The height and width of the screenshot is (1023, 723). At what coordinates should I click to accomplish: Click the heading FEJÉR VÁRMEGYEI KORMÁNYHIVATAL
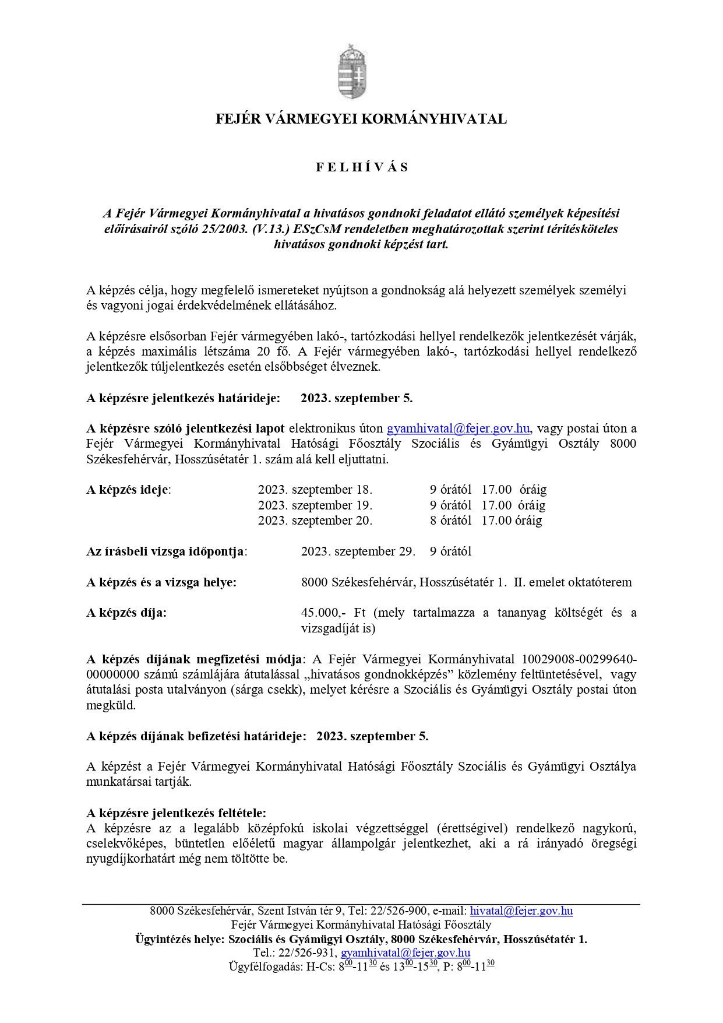(x=361, y=119)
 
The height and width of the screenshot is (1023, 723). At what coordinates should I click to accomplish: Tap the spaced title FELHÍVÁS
(x=362, y=168)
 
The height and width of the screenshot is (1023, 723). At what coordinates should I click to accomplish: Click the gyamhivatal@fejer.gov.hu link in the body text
(x=458, y=429)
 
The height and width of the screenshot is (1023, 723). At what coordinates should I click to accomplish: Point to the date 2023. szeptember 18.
(x=315, y=490)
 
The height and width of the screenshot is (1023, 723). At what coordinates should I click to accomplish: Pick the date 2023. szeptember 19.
(x=315, y=505)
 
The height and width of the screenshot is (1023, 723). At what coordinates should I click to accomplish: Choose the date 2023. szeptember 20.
(x=315, y=521)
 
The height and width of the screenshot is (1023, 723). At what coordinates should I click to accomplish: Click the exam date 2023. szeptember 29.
(x=358, y=551)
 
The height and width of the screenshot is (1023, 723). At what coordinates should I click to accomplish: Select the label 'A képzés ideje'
(x=128, y=490)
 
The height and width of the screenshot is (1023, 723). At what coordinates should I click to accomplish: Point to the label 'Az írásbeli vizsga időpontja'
(x=165, y=551)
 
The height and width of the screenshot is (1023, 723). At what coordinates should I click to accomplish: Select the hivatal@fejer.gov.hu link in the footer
(x=521, y=911)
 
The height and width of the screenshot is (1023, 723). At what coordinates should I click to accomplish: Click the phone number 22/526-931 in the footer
(x=307, y=953)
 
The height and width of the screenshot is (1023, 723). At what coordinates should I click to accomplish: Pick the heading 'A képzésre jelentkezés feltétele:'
(x=176, y=813)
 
